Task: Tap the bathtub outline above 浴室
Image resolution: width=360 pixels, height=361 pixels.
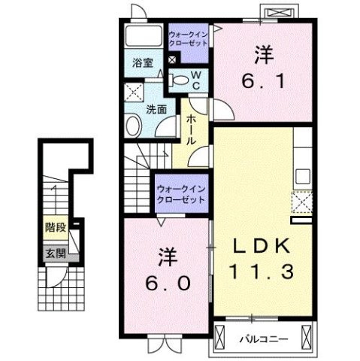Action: coord(144,36)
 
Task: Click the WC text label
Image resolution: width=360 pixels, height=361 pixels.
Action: coord(195,79)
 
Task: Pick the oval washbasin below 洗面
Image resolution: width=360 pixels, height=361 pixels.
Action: coord(136,127)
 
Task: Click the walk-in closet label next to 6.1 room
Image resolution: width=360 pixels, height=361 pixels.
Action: coord(189,39)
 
